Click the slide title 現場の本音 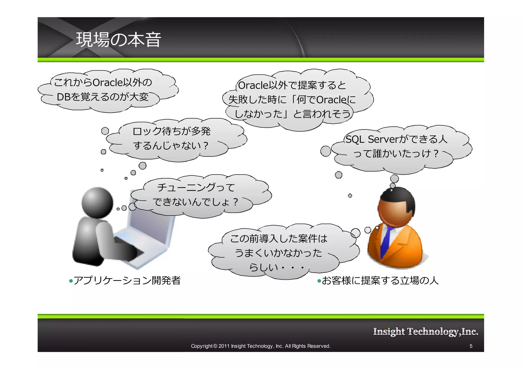[x=118, y=40]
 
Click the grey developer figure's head [x=97, y=203]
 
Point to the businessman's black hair [x=398, y=196]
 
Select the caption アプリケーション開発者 [x=127, y=281]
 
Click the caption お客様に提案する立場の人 [x=380, y=281]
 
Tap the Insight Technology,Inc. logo [x=425, y=332]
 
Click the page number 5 [x=471, y=346]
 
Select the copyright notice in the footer [x=260, y=346]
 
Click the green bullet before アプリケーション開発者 [x=71, y=281]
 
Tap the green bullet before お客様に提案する [x=319, y=281]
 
